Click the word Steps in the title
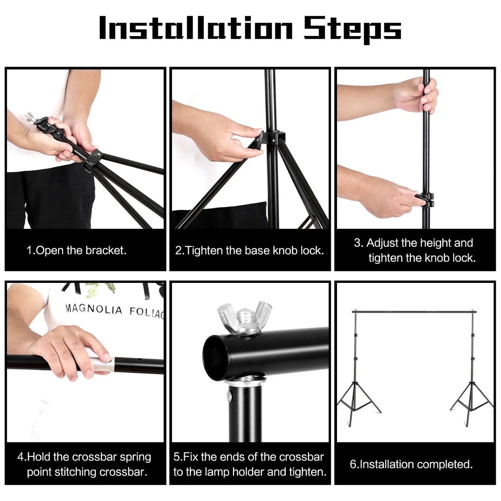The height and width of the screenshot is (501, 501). click(353, 29)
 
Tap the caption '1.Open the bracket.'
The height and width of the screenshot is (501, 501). click(76, 250)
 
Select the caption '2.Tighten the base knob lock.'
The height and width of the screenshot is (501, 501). click(250, 250)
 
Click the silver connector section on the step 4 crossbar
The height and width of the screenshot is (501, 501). click(103, 364)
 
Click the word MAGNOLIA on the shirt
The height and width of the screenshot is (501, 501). click(94, 309)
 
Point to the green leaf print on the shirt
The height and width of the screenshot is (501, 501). click(100, 290)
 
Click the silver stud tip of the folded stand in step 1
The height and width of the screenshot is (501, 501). click(31, 117)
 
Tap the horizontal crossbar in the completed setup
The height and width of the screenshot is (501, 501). click(414, 311)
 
